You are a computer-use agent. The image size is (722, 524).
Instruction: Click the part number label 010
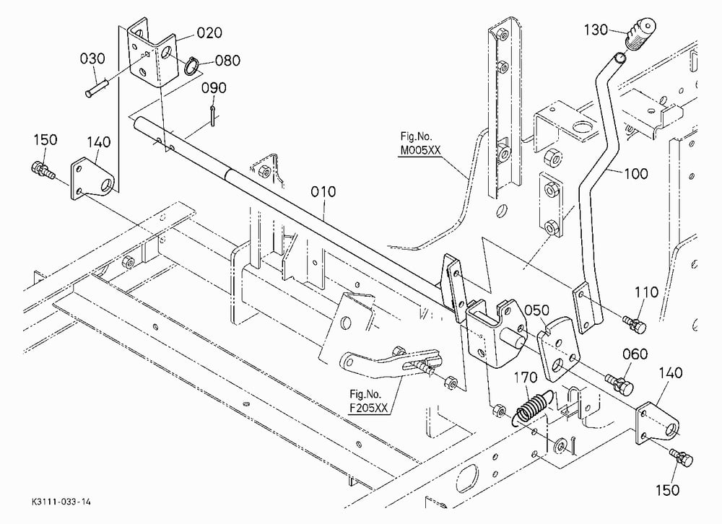point(323,191)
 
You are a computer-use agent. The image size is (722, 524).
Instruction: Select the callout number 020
point(209,32)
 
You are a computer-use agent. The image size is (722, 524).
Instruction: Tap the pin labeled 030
point(97,88)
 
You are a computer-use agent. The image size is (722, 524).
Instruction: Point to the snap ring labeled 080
point(191,66)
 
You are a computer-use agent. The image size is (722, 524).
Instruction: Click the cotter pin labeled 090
point(212,115)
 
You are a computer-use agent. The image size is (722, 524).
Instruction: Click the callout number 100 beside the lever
point(636,174)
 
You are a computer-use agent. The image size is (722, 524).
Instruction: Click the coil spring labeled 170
point(532,405)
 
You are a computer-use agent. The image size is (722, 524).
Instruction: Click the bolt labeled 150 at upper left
point(43,170)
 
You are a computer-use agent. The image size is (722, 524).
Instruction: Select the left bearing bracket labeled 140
point(92,178)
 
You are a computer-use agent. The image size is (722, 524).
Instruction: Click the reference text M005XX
point(420,150)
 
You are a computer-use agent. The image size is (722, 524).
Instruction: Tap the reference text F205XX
point(369,408)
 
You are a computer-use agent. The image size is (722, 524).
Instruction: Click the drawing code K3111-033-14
point(61,502)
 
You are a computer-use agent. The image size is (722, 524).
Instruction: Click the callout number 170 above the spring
point(526,377)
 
